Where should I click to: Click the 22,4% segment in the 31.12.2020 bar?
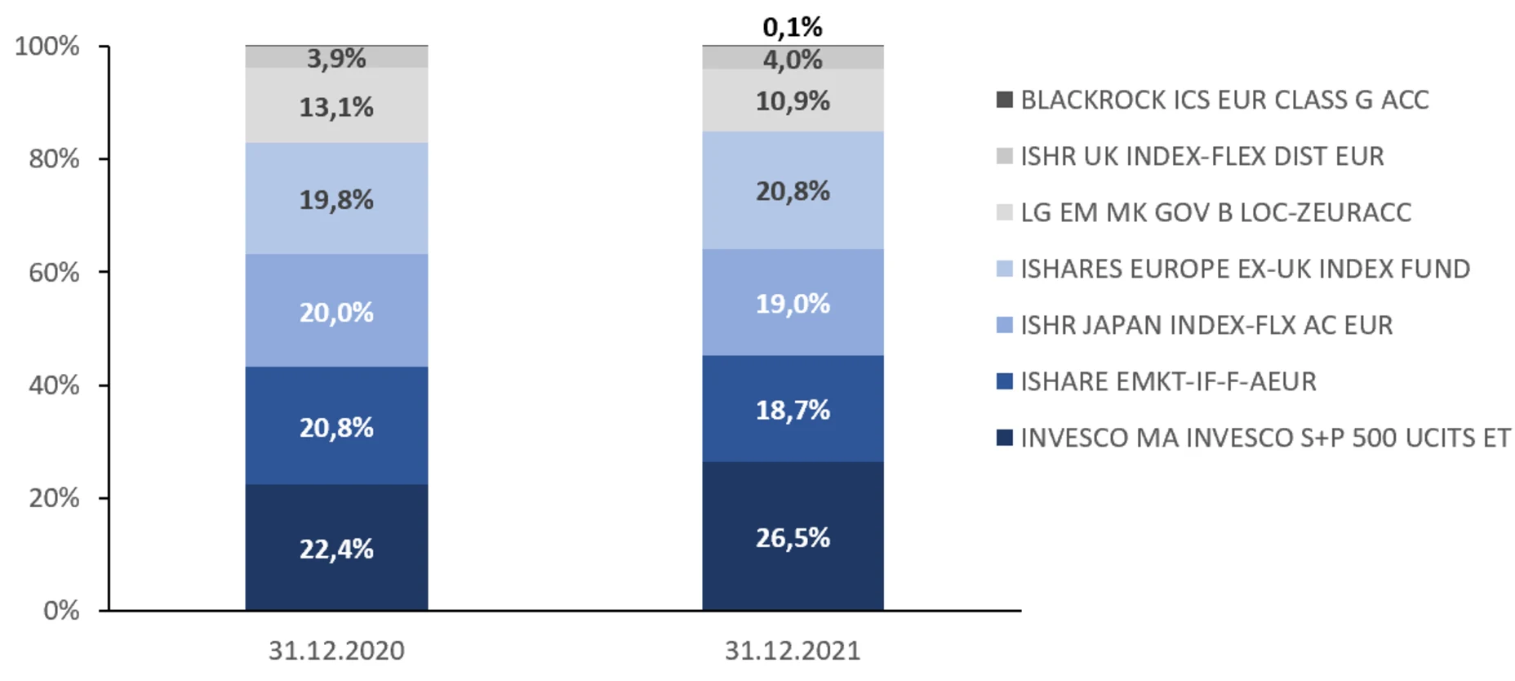pyautogui.click(x=336, y=548)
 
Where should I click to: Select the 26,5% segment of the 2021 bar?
pyautogui.click(x=793, y=536)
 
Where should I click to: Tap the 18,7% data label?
pyautogui.click(x=793, y=410)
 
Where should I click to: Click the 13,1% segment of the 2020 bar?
pyautogui.click(x=336, y=106)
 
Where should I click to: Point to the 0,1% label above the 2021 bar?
pyautogui.click(x=793, y=27)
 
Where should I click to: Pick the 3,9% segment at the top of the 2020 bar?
pyautogui.click(x=336, y=58)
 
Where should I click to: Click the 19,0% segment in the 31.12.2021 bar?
pyautogui.click(x=793, y=304)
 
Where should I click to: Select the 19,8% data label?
pyautogui.click(x=336, y=199)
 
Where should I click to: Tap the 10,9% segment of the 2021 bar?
pyautogui.click(x=793, y=100)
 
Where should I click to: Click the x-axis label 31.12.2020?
pyautogui.click(x=336, y=650)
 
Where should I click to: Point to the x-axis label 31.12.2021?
pyautogui.click(x=793, y=650)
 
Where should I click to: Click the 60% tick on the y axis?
pyautogui.click(x=54, y=272)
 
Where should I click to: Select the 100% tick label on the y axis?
pyautogui.click(x=47, y=46)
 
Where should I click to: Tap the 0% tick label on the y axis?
pyautogui.click(x=61, y=610)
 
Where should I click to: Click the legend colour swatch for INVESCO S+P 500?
pyautogui.click(x=1005, y=438)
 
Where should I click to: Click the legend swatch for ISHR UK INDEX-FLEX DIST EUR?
pyautogui.click(x=1005, y=156)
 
